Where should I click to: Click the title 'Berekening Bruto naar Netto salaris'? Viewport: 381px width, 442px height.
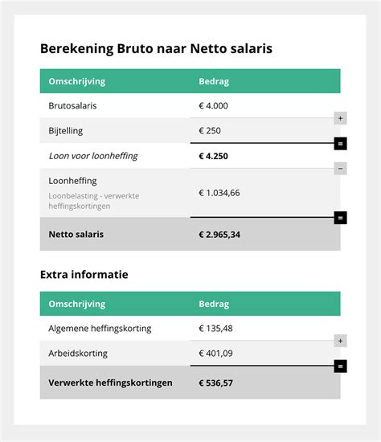click(156, 49)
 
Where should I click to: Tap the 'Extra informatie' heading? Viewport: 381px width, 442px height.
click(84, 275)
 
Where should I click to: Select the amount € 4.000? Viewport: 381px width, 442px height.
click(214, 106)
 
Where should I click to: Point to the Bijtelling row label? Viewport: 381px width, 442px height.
click(66, 130)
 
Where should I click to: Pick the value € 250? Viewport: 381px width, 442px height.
click(210, 130)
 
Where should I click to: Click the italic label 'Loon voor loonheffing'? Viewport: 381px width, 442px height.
click(93, 155)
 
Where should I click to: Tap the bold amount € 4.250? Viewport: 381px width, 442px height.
click(214, 155)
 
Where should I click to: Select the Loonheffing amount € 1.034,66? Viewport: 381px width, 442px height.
click(219, 193)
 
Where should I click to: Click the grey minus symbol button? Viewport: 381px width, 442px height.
click(341, 169)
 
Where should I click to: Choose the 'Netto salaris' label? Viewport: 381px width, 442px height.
click(76, 235)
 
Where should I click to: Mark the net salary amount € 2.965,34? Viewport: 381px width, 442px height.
click(219, 235)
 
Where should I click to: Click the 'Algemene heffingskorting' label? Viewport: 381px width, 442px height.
click(100, 328)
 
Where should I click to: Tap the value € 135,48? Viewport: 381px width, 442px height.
click(217, 328)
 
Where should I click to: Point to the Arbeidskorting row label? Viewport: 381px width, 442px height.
click(78, 353)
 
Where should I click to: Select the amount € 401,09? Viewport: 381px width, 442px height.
click(217, 353)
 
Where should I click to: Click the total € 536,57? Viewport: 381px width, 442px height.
click(217, 383)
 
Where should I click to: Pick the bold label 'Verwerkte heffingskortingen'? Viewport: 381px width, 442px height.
click(110, 383)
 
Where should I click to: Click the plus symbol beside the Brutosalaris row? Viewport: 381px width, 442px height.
click(341, 118)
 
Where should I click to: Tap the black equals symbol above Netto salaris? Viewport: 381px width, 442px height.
click(341, 217)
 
